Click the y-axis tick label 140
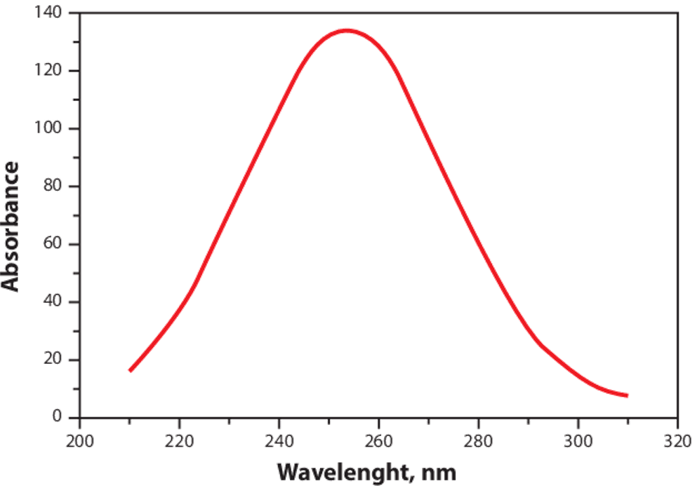click(x=48, y=13)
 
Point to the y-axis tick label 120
click(x=48, y=71)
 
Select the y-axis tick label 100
click(x=48, y=129)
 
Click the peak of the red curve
click(x=346, y=30)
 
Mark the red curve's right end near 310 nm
click(x=626, y=395)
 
